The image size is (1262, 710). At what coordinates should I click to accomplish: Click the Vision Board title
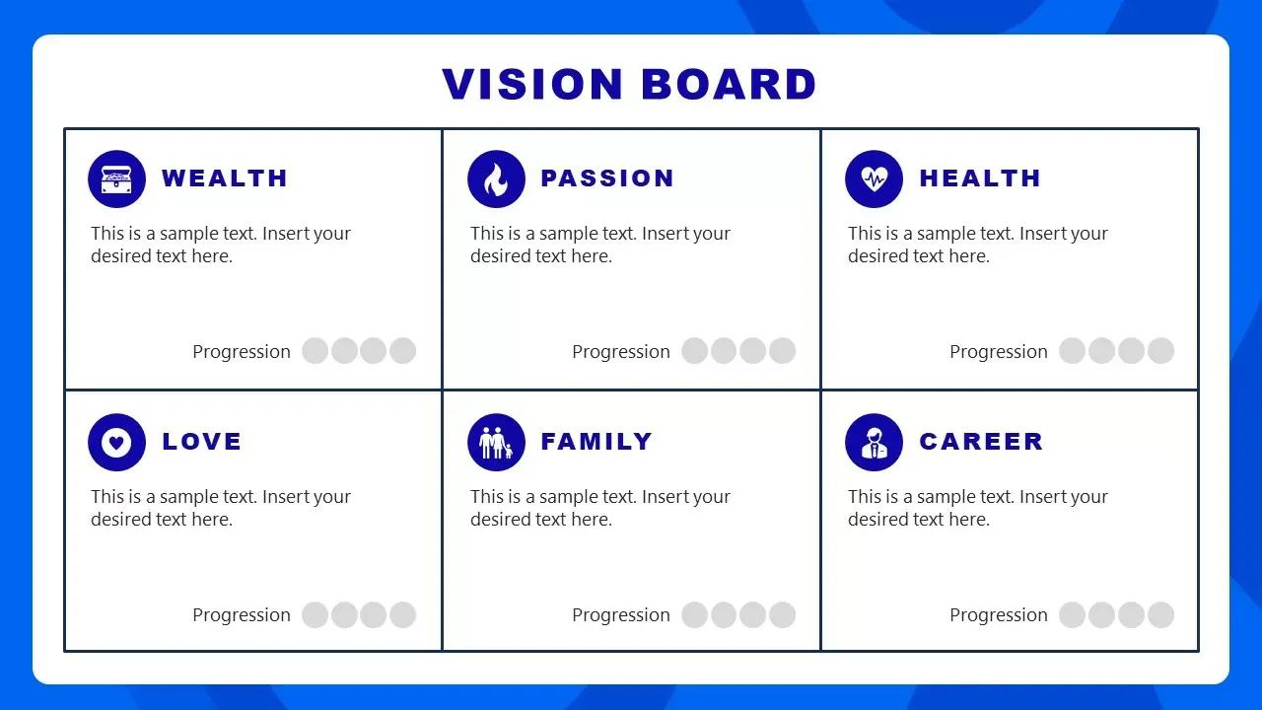pos(629,85)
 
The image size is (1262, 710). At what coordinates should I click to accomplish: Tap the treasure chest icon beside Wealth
pos(116,178)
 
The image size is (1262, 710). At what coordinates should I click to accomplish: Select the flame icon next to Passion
pos(496,178)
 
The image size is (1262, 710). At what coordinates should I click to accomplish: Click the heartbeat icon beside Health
pos(874,178)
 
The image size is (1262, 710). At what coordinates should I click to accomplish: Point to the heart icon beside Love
pos(116,442)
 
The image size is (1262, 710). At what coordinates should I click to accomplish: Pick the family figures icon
pos(496,442)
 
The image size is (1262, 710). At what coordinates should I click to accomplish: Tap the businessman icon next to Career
pos(874,442)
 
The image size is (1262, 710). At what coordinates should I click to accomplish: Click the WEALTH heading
pos(225,178)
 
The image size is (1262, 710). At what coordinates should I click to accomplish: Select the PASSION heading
pos(607,178)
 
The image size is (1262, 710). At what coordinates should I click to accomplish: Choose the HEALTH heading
pos(980,178)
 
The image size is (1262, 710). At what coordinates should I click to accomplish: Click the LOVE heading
pos(201,442)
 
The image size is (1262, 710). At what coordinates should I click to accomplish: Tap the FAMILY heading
pos(596,442)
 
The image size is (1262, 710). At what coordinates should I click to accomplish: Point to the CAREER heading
pos(981,442)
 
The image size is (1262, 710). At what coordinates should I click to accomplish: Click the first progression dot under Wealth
pos(315,351)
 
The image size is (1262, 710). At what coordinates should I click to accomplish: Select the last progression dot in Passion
pos(782,351)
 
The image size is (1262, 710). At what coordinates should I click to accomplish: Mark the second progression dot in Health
pos(1101,351)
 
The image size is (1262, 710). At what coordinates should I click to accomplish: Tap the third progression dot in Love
pos(373,615)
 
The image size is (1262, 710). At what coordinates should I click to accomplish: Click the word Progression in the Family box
pos(621,615)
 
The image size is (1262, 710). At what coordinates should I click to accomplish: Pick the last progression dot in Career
pos(1160,615)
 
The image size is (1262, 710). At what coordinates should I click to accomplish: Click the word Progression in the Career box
pos(999,615)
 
